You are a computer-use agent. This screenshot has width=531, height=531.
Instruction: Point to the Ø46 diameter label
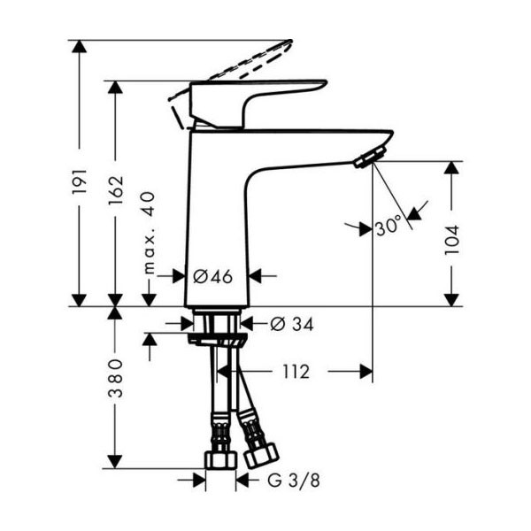212,277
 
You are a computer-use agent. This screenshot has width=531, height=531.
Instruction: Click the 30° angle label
388,227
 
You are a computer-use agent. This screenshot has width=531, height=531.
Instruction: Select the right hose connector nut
261,455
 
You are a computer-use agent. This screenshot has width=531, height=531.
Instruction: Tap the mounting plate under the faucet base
217,339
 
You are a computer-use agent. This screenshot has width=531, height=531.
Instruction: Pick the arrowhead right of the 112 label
365,373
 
